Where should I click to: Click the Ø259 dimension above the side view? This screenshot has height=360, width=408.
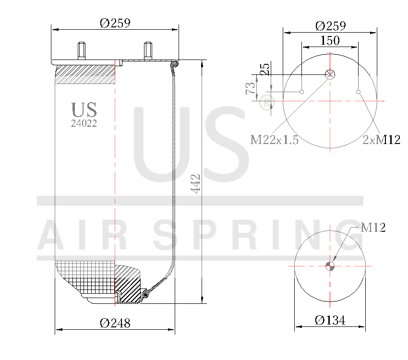(115, 23)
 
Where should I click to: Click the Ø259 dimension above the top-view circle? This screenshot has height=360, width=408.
(331, 25)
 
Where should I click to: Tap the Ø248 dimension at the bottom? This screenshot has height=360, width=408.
(115, 323)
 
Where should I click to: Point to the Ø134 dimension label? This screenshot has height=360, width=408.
(330, 320)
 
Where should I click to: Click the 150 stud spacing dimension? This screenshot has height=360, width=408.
(330, 40)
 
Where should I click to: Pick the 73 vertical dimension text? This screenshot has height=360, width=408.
(250, 88)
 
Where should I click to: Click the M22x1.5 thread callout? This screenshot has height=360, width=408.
(275, 140)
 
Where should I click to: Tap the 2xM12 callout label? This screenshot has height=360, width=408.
(381, 140)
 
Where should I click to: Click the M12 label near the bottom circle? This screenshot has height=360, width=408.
(373, 228)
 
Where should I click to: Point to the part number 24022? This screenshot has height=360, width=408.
(84, 123)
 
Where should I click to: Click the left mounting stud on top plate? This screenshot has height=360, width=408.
(81, 51)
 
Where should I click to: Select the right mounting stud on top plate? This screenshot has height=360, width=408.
(147, 51)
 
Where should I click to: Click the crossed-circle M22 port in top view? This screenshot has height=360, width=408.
(330, 74)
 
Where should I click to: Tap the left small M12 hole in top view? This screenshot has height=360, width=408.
(302, 92)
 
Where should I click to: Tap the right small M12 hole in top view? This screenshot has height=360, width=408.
(358, 92)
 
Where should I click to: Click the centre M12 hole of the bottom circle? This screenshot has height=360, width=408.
(330, 266)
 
